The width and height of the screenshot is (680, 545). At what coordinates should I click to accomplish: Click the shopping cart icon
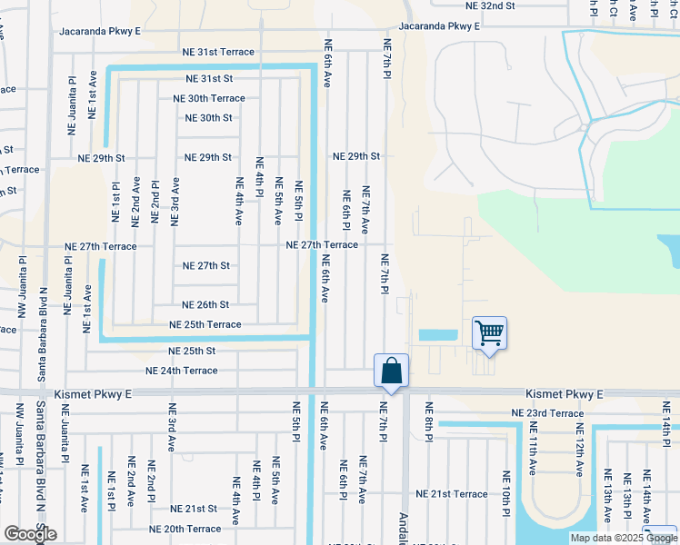tap(489, 333)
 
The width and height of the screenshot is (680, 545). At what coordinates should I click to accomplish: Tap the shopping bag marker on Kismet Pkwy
tap(391, 371)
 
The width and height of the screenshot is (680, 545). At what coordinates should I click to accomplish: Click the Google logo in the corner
tap(30, 534)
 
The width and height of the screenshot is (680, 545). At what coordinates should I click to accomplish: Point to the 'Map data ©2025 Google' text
tap(624, 538)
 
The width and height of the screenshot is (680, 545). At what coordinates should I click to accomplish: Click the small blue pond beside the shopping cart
tap(438, 334)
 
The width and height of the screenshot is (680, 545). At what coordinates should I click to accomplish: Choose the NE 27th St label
tap(206, 266)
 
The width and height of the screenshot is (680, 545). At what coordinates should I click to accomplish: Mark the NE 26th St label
tap(205, 305)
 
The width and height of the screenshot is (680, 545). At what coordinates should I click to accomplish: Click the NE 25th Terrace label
tap(205, 324)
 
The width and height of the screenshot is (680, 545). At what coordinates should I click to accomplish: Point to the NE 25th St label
tap(192, 351)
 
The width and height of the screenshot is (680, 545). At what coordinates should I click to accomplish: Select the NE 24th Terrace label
tap(182, 371)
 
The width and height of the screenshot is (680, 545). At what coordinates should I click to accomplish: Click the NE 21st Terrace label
tap(452, 493)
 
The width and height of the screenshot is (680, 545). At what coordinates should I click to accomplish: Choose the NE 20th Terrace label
tap(185, 529)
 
